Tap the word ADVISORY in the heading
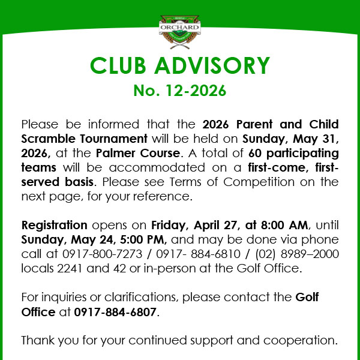tap(214, 66)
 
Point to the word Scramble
tap(47, 139)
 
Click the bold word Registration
tap(55, 226)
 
